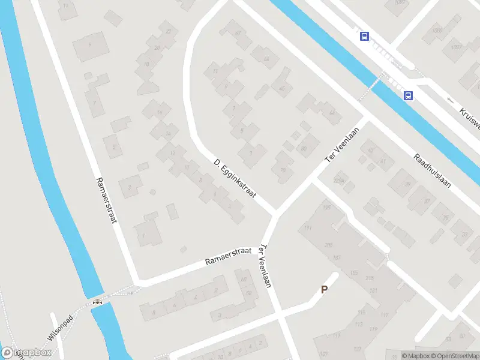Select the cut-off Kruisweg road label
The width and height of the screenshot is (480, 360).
click(470, 118)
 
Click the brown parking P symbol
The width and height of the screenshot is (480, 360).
click(324, 290)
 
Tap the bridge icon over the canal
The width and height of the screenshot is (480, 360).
click(97, 302)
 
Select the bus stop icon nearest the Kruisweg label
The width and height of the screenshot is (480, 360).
click(408, 95)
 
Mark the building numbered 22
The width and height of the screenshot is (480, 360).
click(169, 31)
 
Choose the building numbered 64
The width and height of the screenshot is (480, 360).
click(332, 113)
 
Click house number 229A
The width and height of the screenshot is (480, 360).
click(340, 180)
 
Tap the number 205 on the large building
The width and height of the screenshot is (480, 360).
click(328, 245)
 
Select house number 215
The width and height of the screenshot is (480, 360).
click(368, 278)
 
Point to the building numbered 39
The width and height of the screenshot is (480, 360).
click(407, 184)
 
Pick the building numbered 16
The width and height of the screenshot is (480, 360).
click(160, 112)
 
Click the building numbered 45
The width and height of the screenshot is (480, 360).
click(281, 89)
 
